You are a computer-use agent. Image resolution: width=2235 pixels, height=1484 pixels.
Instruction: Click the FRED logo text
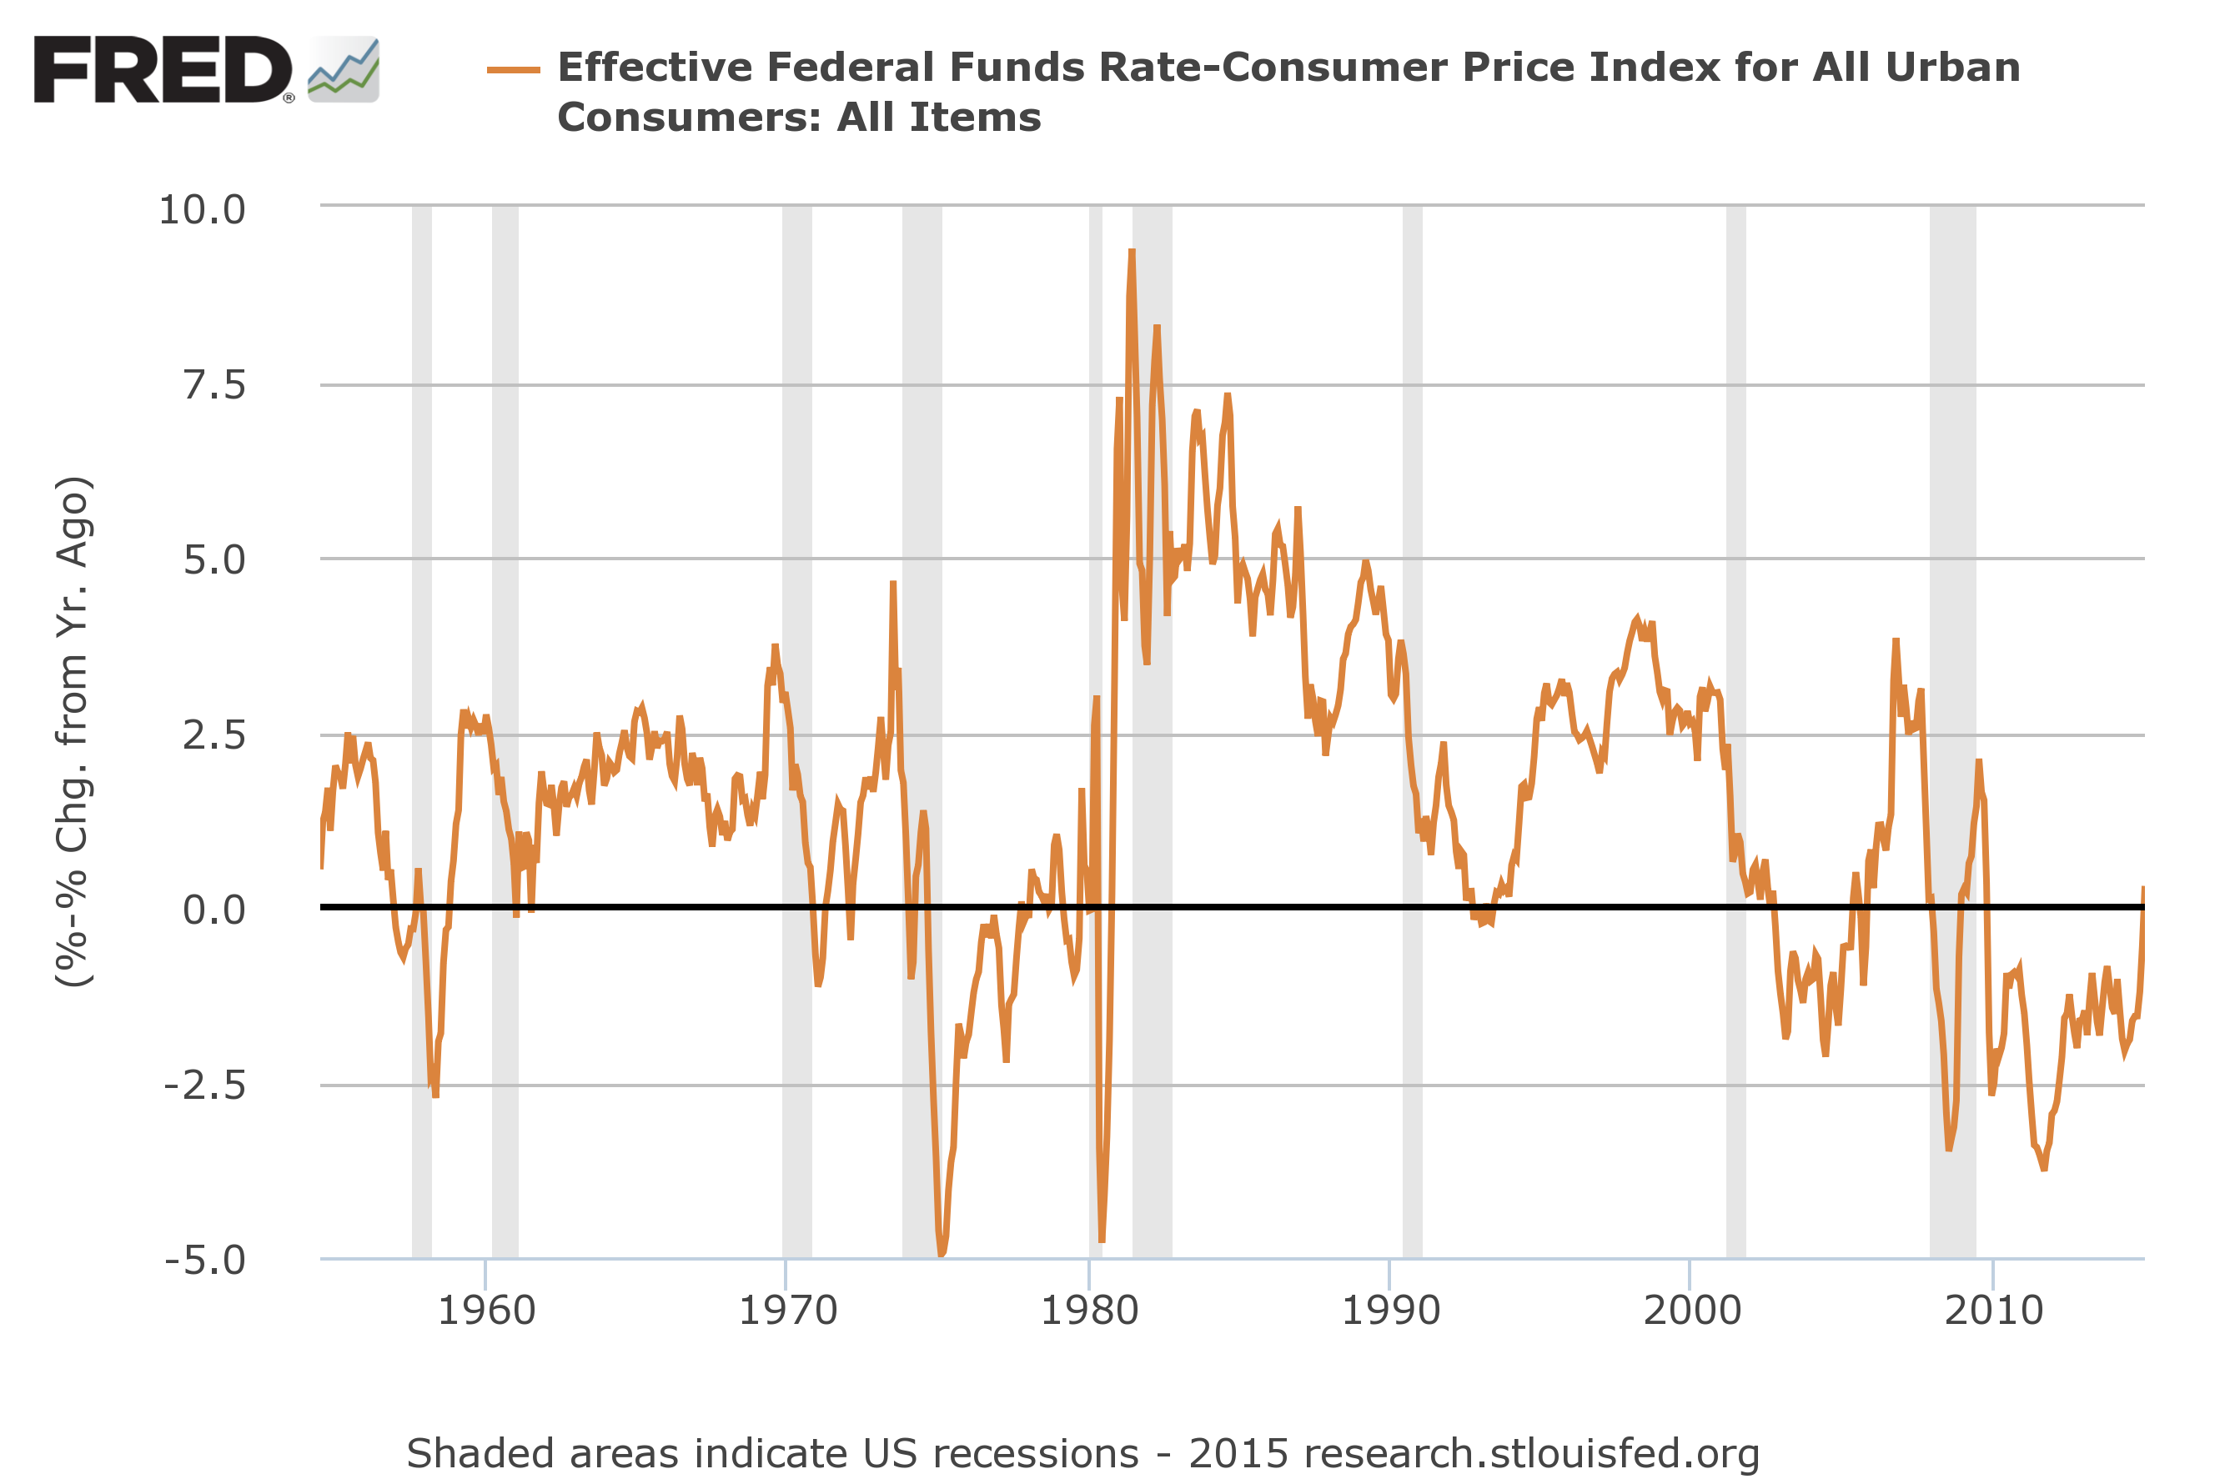point(163,69)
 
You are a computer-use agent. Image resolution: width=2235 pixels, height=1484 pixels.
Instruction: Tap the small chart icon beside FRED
point(344,70)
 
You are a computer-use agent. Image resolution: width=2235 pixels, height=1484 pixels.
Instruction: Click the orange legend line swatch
point(513,70)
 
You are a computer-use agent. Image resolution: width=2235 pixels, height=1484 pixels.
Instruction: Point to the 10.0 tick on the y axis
point(202,210)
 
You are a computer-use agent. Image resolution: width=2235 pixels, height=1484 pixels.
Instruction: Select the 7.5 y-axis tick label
point(214,386)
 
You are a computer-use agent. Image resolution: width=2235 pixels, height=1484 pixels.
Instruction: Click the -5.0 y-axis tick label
point(204,1261)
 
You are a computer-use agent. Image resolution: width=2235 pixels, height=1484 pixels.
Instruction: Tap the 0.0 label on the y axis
point(214,910)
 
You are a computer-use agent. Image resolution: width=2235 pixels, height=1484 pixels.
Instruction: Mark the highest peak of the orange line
point(1131,252)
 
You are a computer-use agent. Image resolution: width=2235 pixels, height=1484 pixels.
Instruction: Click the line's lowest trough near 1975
point(941,1254)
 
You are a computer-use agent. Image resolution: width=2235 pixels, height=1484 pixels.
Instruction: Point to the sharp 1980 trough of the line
point(1102,1240)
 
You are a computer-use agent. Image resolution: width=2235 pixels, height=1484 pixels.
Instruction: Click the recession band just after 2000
point(1736,663)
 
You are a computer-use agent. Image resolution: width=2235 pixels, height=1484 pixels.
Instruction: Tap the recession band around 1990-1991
point(1413,663)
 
